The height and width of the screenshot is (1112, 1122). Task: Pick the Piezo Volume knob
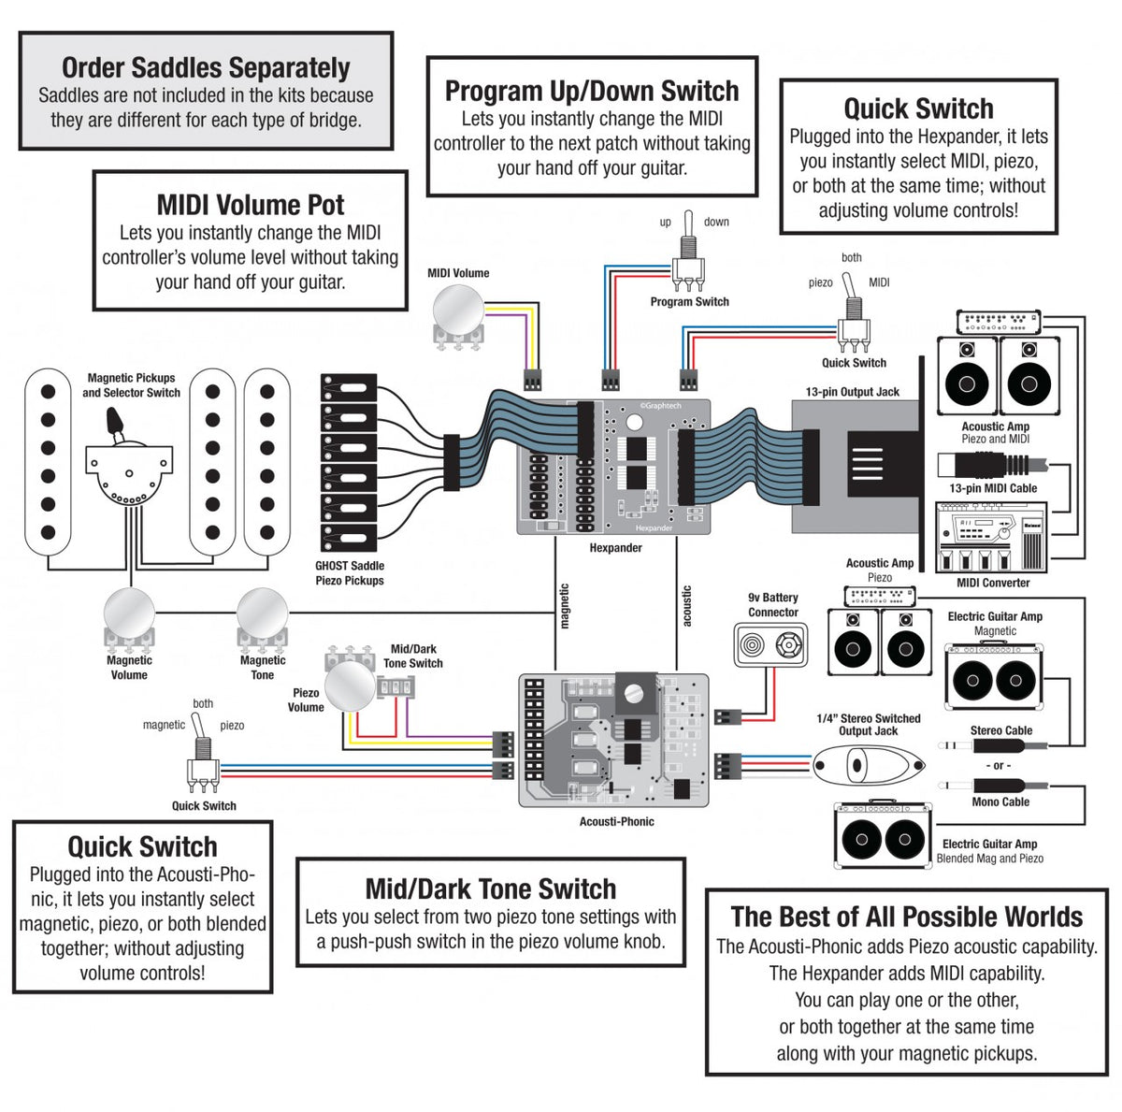coord(350,688)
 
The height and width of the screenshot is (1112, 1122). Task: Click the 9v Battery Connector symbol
coord(771,644)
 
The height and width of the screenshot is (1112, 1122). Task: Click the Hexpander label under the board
coord(615,548)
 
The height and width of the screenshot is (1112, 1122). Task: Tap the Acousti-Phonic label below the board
coord(616,821)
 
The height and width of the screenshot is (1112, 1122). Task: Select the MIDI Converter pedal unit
coord(991,538)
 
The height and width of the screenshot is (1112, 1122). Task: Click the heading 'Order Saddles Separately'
coord(206,67)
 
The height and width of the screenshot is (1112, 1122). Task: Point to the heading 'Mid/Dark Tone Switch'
coord(491,888)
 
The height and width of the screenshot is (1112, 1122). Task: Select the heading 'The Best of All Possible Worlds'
coord(906,917)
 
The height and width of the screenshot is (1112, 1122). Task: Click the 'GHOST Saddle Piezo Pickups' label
coord(350,573)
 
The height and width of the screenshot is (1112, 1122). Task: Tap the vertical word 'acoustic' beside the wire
coord(687,606)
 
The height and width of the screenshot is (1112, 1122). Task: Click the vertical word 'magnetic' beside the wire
coord(564,606)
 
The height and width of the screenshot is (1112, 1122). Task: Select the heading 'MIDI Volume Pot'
coord(250,205)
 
